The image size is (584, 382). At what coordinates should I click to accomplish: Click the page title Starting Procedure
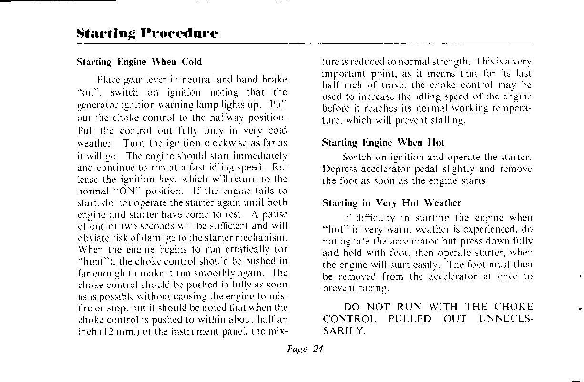pos(147,33)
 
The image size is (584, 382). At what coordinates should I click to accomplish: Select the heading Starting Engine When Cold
pos(139,62)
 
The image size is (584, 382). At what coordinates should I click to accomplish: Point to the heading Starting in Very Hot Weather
pos(392,203)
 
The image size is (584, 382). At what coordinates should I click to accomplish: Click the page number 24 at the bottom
pos(318,349)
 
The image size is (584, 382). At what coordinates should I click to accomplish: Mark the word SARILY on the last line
pos(344,331)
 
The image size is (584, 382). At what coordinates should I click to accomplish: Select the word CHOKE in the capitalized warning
pos(513,307)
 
